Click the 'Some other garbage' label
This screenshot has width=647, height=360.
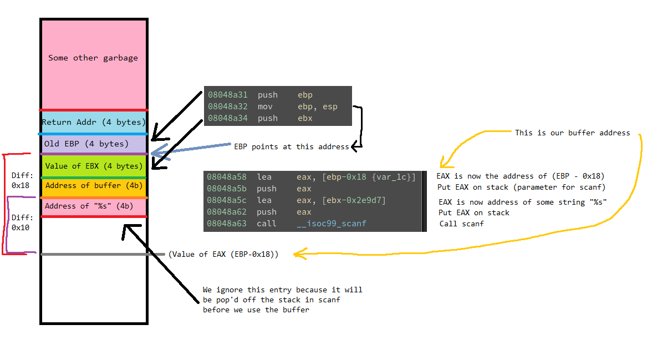pos(93,58)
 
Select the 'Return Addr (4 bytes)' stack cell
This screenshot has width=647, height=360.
pos(94,122)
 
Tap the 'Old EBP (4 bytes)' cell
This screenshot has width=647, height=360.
pos(86,144)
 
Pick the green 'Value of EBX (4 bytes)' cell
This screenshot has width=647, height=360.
pos(94,166)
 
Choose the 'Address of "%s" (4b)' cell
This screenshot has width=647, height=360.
pos(89,206)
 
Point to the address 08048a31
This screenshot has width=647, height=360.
pos(227,95)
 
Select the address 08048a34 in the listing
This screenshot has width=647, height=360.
pos(227,118)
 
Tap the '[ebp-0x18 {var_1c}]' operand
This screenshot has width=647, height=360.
pos(369,177)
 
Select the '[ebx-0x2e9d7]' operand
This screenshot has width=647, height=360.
pos(354,200)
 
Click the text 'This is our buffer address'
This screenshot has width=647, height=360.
pos(572,133)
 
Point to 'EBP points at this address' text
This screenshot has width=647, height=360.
pos(292,146)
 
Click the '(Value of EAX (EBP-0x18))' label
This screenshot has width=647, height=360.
pos(223,254)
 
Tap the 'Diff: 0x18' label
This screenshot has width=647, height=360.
pos(21,181)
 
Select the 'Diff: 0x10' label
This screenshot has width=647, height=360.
pos(21,222)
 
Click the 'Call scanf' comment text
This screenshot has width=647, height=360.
pos(462,224)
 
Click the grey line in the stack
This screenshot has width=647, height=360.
pos(94,254)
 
